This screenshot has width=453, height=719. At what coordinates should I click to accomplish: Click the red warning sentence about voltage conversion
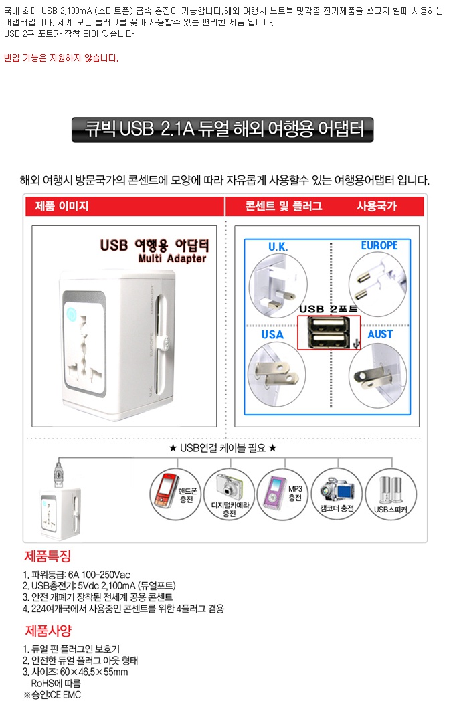click(x=61, y=58)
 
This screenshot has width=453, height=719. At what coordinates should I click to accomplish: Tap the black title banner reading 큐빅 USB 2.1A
click(x=223, y=130)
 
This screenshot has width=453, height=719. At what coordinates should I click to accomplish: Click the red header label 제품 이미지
click(x=62, y=206)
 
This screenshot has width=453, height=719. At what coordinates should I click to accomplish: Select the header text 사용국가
click(x=377, y=206)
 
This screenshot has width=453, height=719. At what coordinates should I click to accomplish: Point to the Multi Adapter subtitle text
click(x=172, y=259)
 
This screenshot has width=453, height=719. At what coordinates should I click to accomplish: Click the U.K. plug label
click(x=278, y=247)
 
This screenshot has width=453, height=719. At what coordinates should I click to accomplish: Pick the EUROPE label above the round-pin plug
click(x=379, y=245)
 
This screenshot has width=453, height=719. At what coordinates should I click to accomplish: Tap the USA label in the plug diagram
click(x=272, y=334)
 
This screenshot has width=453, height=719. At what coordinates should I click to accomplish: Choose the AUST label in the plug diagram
click(x=381, y=334)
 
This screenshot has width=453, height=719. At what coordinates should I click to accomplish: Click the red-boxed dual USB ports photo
click(x=329, y=333)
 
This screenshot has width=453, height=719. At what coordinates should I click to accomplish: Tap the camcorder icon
click(x=337, y=489)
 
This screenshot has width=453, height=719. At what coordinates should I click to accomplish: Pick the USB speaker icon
click(x=390, y=490)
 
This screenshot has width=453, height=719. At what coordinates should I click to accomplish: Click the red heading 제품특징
click(x=48, y=556)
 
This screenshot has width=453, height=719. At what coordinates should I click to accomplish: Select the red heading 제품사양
click(x=49, y=631)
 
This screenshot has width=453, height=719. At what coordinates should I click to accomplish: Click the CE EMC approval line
click(x=52, y=695)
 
